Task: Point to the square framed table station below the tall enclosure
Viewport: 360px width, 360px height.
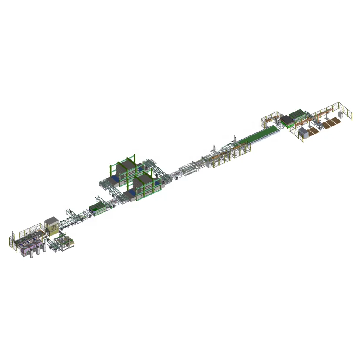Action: tap(64, 242)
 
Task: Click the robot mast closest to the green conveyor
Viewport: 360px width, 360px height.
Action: tap(235, 140)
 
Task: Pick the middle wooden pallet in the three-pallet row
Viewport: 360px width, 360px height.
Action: tap(331, 122)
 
